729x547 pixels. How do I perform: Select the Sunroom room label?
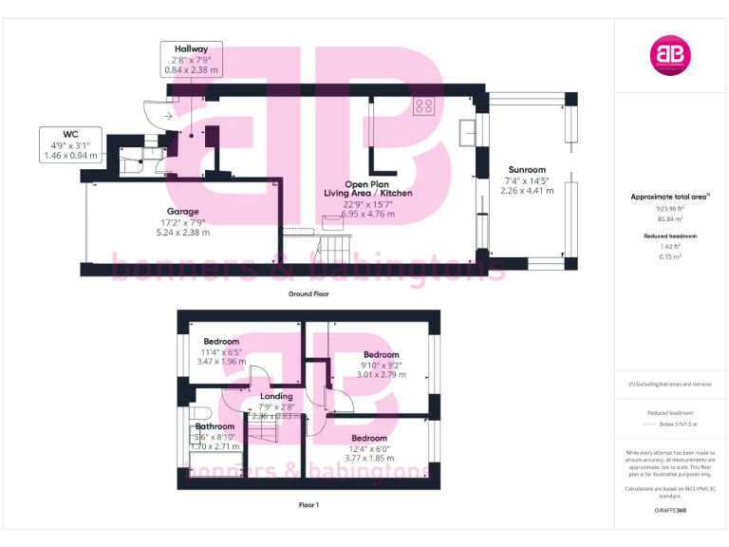[525, 170]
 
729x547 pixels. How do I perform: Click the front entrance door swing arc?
[153, 112]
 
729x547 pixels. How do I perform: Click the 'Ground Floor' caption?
[308, 294]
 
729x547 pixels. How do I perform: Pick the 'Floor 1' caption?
[308, 505]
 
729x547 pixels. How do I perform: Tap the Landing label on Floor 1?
[276, 396]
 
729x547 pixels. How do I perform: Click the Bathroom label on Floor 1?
[215, 426]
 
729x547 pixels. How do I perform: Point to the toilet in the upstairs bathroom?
[197, 413]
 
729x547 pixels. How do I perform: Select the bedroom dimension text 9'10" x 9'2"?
[381, 365]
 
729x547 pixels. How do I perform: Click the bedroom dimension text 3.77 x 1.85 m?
[369, 460]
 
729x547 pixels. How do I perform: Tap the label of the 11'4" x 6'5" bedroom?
[220, 341]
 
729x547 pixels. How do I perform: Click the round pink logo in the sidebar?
[669, 55]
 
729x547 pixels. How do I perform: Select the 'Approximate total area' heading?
[669, 197]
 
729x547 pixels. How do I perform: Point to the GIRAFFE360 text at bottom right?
[669, 511]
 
